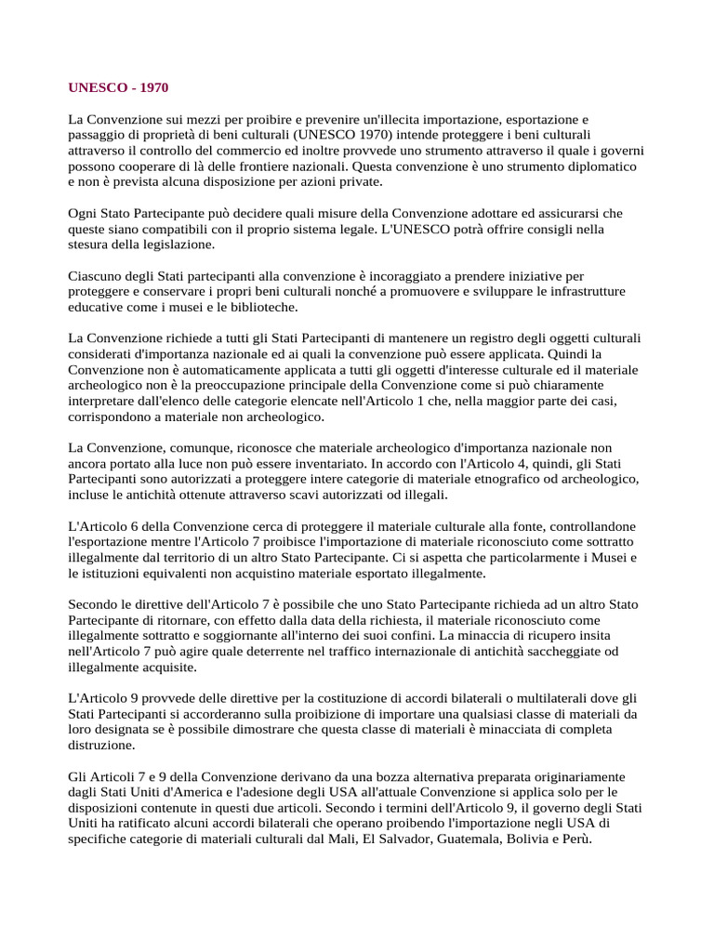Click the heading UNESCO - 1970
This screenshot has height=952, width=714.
(119, 88)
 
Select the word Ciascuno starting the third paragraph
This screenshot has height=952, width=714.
(98, 276)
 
